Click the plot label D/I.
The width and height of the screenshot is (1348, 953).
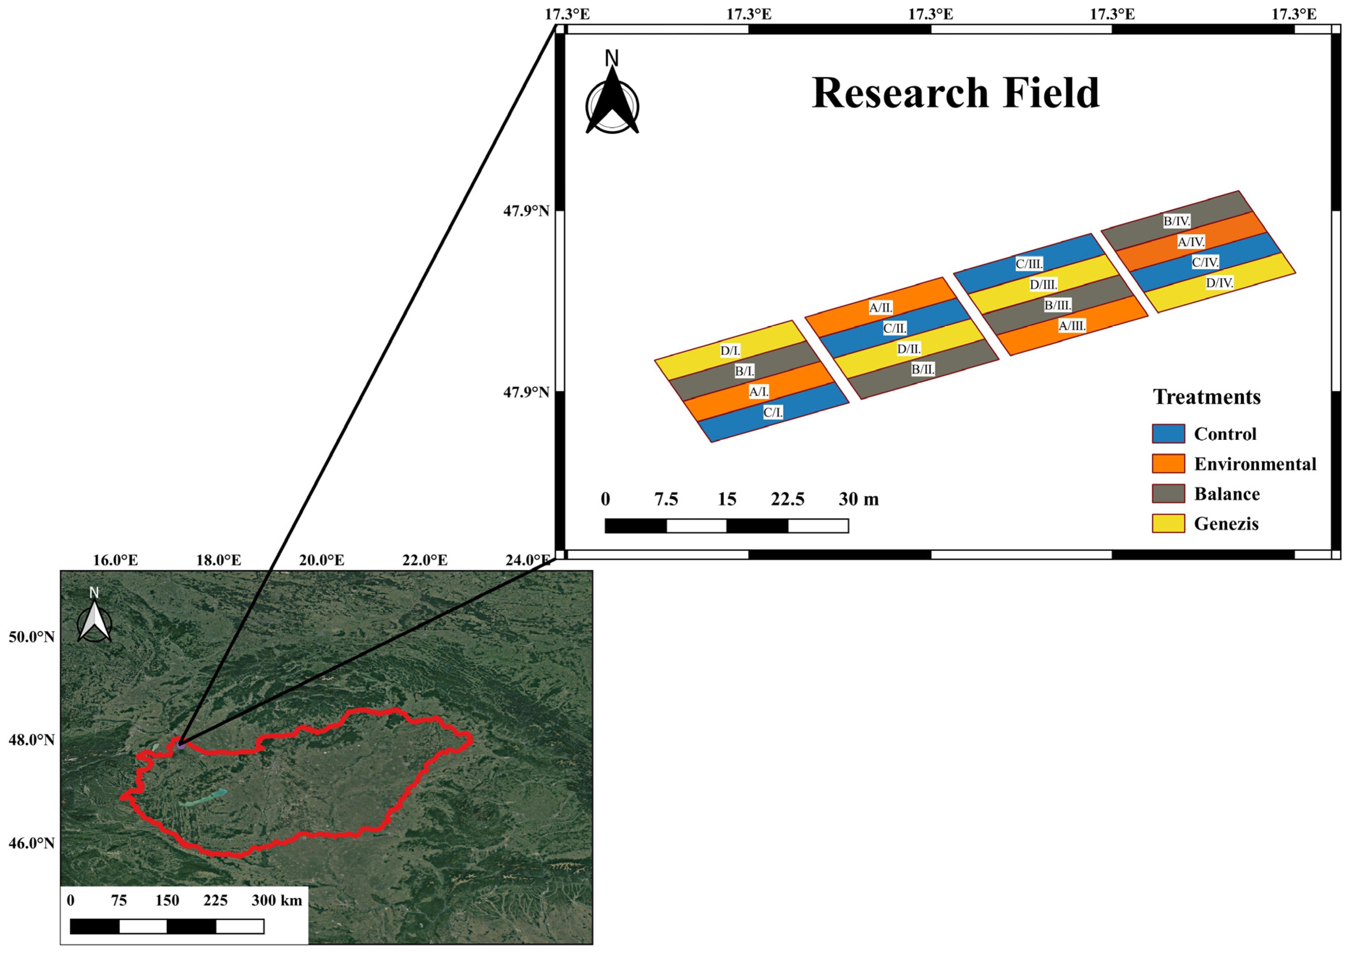730,351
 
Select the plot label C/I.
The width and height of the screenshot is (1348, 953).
773,413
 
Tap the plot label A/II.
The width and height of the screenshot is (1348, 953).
881,307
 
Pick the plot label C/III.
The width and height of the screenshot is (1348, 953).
1029,264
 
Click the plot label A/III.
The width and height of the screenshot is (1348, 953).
1072,325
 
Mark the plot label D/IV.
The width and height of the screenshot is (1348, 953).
1219,283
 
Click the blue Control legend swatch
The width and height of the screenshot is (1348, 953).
1168,434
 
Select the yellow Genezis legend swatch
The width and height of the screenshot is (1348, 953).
1168,523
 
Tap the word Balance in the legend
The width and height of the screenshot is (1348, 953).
1227,494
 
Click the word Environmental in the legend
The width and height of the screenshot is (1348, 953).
1255,464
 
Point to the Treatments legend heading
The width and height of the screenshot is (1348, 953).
1207,397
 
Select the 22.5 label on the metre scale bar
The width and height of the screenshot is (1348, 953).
787,499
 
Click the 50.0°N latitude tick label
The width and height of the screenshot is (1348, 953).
31,637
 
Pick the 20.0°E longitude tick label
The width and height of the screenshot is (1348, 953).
322,560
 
